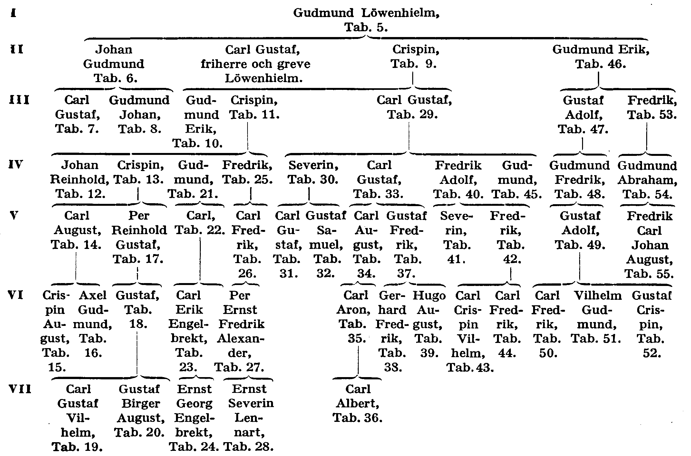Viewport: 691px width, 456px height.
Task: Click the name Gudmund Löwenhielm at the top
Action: coord(366,13)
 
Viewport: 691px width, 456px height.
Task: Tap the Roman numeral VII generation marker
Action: coord(20,389)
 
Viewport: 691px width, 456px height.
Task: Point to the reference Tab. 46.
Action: coord(600,64)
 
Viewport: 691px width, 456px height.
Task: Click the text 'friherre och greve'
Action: coord(255,64)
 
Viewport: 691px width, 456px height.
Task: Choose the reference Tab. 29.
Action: coord(412,115)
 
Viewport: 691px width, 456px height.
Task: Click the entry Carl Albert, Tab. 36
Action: coord(358,404)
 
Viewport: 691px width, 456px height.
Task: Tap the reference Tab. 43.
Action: coord(470,368)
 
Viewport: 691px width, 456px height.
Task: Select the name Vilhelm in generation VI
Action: coord(598,296)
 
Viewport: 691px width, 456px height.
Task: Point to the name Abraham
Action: coord(647,180)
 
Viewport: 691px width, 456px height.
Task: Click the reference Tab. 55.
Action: coord(649,274)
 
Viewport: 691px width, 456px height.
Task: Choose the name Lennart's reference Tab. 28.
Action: coord(248,447)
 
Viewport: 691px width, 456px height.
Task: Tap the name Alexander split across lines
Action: coord(240,346)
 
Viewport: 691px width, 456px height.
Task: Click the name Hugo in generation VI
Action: coord(429,296)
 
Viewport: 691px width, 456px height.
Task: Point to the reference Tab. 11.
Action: coord(254,115)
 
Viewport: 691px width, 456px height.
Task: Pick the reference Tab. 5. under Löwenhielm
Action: coord(366,27)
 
